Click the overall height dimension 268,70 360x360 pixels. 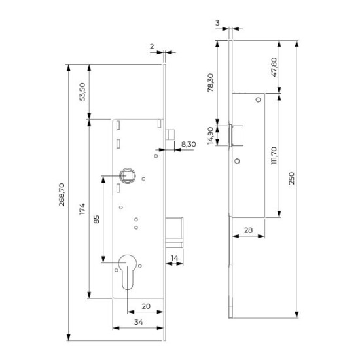(x=62, y=194)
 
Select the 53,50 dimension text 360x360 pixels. (x=82, y=92)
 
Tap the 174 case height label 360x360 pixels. (x=82, y=208)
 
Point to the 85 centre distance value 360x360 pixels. (x=96, y=219)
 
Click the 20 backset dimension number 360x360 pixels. (x=146, y=306)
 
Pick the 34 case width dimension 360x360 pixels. (x=139, y=322)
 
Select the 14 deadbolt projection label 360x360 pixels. (x=175, y=258)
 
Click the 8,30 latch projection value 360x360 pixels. (x=189, y=144)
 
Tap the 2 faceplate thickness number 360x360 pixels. (x=152, y=46)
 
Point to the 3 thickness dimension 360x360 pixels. (x=217, y=23)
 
